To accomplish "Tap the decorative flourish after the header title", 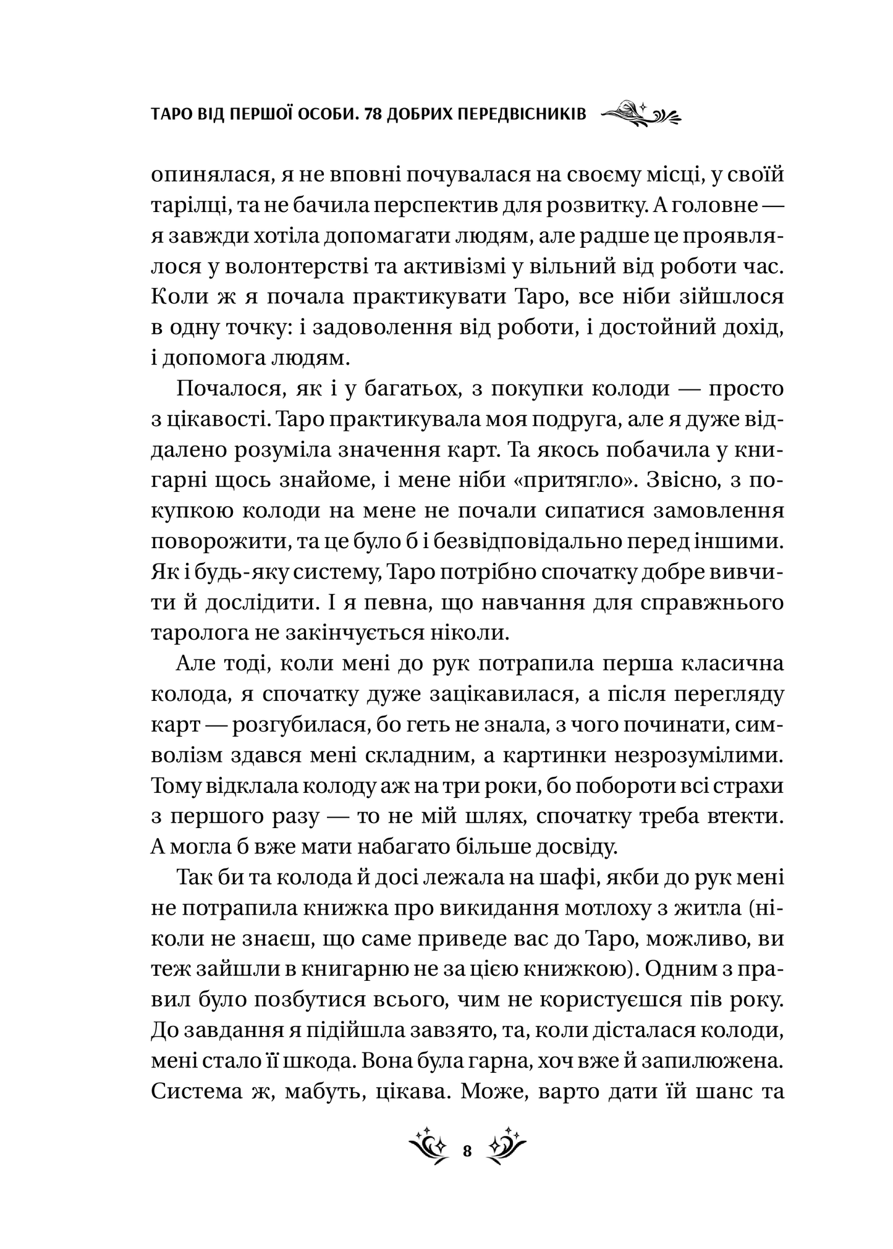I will tap(640, 114).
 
